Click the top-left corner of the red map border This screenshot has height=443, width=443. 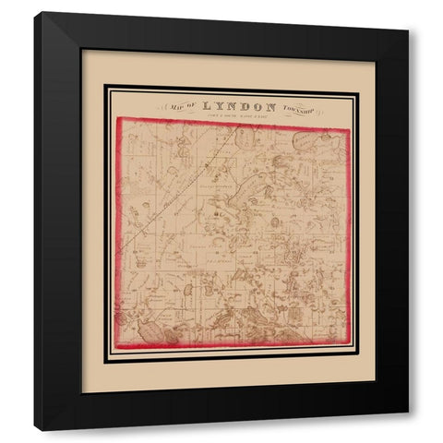pyautogui.click(x=116, y=121)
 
